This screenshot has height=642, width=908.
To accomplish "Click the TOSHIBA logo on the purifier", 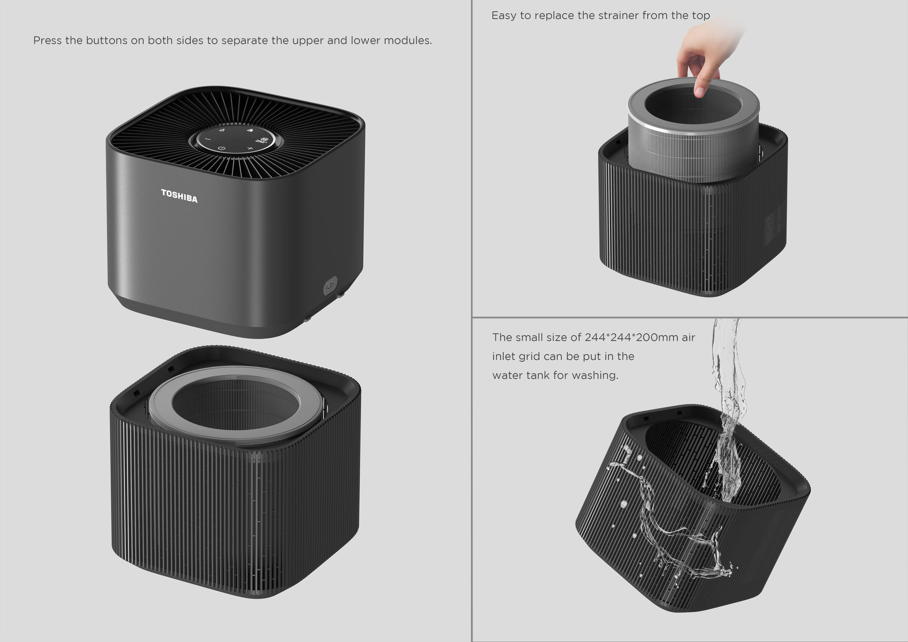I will point(179,196).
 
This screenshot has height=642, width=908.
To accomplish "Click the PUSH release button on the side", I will point(330,286).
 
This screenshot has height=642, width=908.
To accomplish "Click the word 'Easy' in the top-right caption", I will point(503,16).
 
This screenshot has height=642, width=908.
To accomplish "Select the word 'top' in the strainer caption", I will point(701,16).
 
